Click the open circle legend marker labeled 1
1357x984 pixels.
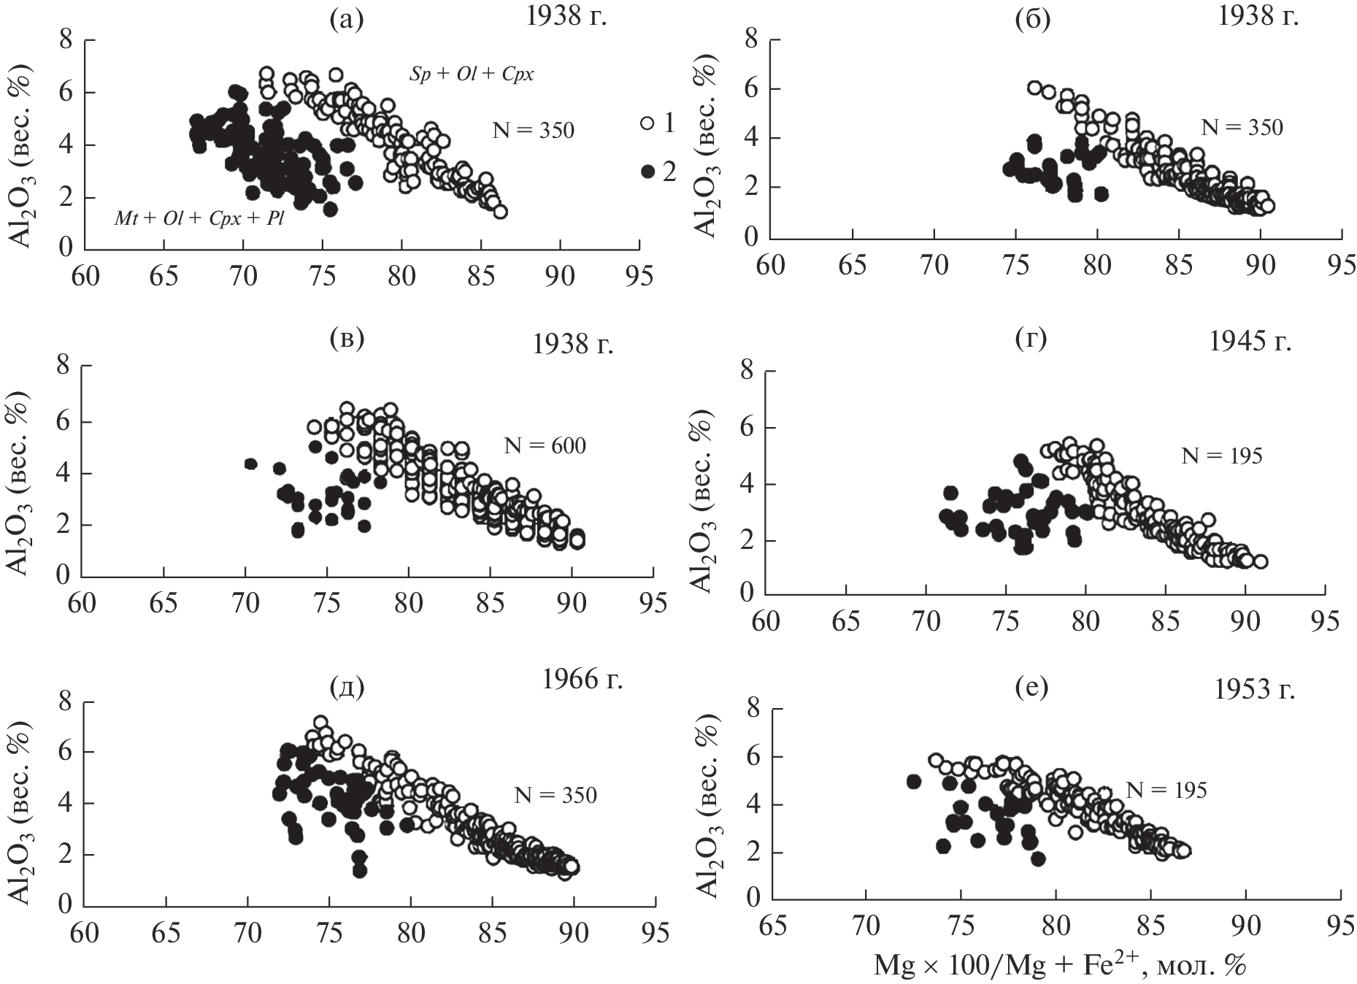[x=646, y=123]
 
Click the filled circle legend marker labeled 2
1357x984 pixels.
[x=646, y=172]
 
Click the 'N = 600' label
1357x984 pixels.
[x=544, y=445]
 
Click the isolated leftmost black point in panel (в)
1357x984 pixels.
[x=250, y=464]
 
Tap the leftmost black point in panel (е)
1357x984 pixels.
[x=913, y=781]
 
